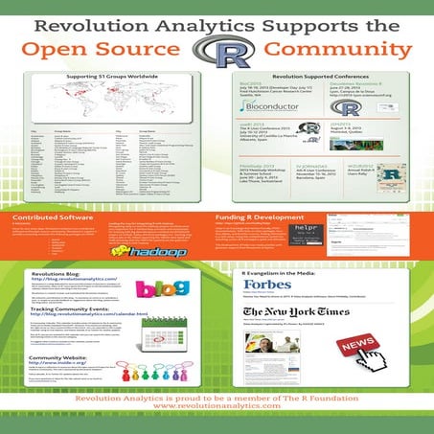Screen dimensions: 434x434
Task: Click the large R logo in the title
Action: point(217,50)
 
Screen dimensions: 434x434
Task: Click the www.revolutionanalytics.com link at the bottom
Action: point(216,420)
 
